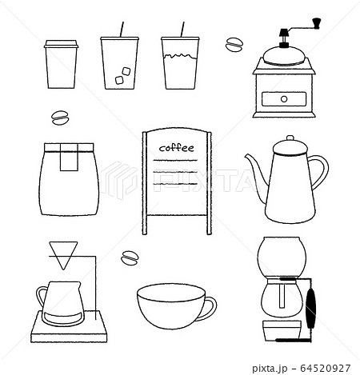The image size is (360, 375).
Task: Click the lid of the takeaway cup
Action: click(62, 44)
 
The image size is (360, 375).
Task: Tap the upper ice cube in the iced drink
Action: click(126, 71)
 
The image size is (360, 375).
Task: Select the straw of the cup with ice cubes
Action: click(122, 30)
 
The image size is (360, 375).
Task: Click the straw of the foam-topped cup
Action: click(182, 30)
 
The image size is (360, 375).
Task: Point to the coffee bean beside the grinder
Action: click(234, 45)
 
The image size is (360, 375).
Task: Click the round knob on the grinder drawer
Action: click(284, 99)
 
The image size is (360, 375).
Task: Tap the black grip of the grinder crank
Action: click(317, 22)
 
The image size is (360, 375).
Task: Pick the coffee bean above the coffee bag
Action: click(60, 118)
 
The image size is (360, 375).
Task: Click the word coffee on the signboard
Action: click(177, 148)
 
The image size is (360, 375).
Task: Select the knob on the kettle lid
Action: click(290, 138)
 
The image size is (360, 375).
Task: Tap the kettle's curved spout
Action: click(257, 170)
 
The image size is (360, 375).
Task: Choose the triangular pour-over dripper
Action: click(63, 255)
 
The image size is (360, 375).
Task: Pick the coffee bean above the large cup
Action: click(130, 258)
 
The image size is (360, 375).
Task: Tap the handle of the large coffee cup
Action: click(210, 309)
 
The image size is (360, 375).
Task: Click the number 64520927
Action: click(326, 369)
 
